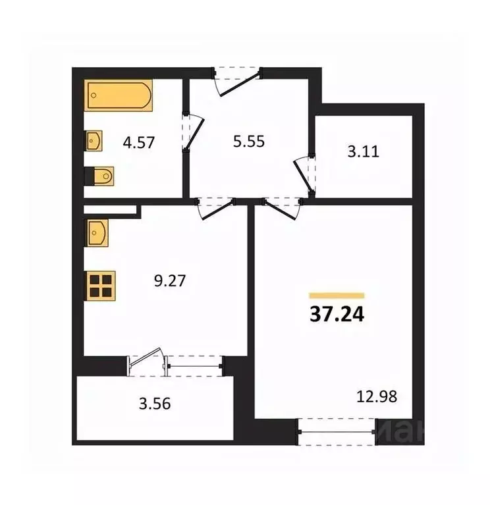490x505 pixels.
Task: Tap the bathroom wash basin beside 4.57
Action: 94,140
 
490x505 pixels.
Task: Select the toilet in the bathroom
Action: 102,175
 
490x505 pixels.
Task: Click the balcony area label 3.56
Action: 155,404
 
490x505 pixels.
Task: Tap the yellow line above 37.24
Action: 337,295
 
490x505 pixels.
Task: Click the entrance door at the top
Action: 237,78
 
